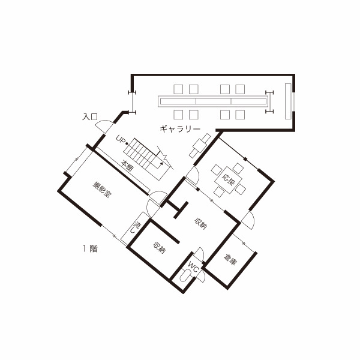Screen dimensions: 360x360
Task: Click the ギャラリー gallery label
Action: pos(180,129)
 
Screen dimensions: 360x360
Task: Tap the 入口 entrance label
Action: pos(90,116)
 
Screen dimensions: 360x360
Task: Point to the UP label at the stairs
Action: pos(121,139)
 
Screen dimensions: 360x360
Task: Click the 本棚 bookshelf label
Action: pos(127,166)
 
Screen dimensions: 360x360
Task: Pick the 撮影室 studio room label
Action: pos(102,190)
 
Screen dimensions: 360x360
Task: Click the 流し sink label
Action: pos(136,227)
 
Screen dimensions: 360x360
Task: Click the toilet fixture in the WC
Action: pos(185,275)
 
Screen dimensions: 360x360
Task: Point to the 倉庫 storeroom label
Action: pos(230,260)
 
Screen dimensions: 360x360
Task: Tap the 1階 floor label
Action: pos(90,248)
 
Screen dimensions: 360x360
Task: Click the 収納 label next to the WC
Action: pos(160,248)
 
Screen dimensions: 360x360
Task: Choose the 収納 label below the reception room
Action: pos(201,223)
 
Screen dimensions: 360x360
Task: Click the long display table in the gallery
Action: pos(213,101)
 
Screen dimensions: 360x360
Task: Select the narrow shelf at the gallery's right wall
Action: pos(288,101)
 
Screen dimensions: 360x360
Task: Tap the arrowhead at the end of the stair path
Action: pos(161,164)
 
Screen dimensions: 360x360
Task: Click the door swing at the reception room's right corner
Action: pos(248,220)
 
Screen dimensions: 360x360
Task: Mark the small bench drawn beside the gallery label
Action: pos(200,146)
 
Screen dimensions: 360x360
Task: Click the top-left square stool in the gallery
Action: pos(178,89)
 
